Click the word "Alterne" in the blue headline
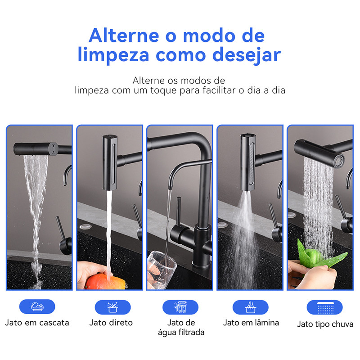click(124, 36)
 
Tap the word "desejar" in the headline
click(247, 55)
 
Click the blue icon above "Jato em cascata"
click(37, 306)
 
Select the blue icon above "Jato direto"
click(113, 307)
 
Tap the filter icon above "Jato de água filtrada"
click(180, 307)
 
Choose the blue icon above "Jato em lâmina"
click(251, 307)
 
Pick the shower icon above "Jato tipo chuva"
click(324, 307)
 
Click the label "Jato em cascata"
click(37, 323)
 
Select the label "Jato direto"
click(111, 323)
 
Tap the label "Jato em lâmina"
click(251, 323)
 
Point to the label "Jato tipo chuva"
click(325, 324)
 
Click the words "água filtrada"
click(181, 332)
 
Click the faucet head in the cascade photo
click(36, 149)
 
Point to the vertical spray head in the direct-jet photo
click(110, 162)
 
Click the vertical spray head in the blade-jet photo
click(248, 162)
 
